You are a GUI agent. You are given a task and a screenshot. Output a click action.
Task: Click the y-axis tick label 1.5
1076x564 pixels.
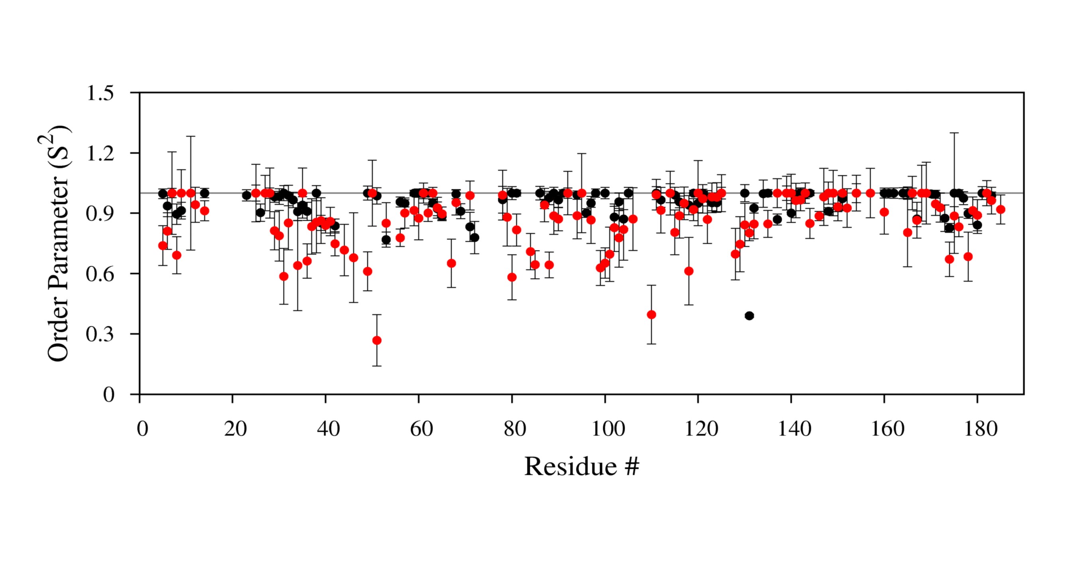(100, 93)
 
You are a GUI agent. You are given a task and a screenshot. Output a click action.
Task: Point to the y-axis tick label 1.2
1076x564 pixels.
(100, 154)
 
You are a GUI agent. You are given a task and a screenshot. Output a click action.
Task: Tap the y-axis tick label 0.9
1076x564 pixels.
(100, 214)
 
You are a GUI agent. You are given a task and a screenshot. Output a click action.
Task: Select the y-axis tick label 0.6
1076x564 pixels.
(100, 274)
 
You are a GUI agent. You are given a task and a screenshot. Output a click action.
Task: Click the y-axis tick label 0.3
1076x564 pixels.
(100, 335)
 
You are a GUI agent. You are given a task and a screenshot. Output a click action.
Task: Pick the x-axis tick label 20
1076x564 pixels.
(235, 429)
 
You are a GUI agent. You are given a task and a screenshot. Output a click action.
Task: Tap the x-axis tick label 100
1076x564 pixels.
(608, 429)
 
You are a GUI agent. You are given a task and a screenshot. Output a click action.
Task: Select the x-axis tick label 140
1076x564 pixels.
(794, 429)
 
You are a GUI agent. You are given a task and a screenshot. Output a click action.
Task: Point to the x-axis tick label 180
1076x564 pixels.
(980, 429)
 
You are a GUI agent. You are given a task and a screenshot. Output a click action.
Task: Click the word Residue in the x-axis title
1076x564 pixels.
(570, 466)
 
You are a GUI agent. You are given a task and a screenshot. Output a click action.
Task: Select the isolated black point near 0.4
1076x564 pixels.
(749, 315)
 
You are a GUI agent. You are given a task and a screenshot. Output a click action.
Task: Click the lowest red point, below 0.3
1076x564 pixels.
(377, 340)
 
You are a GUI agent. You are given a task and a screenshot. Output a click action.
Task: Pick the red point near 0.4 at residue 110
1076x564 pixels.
(651, 315)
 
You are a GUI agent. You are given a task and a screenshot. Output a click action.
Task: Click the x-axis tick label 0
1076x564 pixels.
(142, 429)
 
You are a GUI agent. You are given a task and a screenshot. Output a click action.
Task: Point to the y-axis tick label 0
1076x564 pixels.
(108, 394)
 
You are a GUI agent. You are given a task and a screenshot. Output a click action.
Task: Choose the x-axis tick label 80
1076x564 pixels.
(515, 429)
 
